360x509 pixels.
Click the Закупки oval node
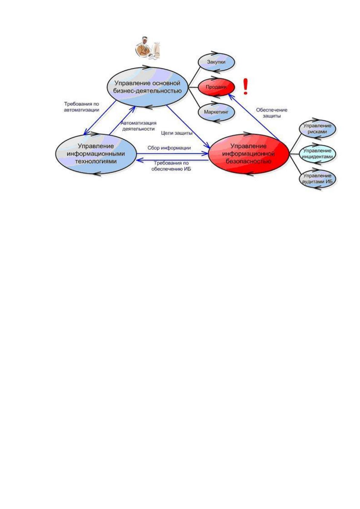click(x=216, y=62)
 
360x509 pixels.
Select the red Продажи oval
click(x=216, y=87)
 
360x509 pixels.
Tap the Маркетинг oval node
click(x=216, y=112)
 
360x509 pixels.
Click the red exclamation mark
click(x=245, y=86)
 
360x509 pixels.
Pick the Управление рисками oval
click(x=317, y=129)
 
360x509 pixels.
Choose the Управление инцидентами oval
click(x=317, y=154)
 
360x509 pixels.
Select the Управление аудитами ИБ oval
click(x=317, y=179)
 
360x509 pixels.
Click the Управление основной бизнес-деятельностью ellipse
click(x=148, y=87)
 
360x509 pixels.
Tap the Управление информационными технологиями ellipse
click(x=96, y=154)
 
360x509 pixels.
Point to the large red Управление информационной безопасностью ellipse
click(x=249, y=154)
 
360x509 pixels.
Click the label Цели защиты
click(x=177, y=133)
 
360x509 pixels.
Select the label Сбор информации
click(x=169, y=148)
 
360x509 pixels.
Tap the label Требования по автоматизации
click(x=82, y=107)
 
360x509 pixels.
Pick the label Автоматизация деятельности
click(x=138, y=126)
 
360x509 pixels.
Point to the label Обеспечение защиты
click(x=272, y=113)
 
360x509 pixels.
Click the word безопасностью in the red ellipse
click(x=249, y=162)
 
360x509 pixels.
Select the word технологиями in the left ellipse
click(x=96, y=161)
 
